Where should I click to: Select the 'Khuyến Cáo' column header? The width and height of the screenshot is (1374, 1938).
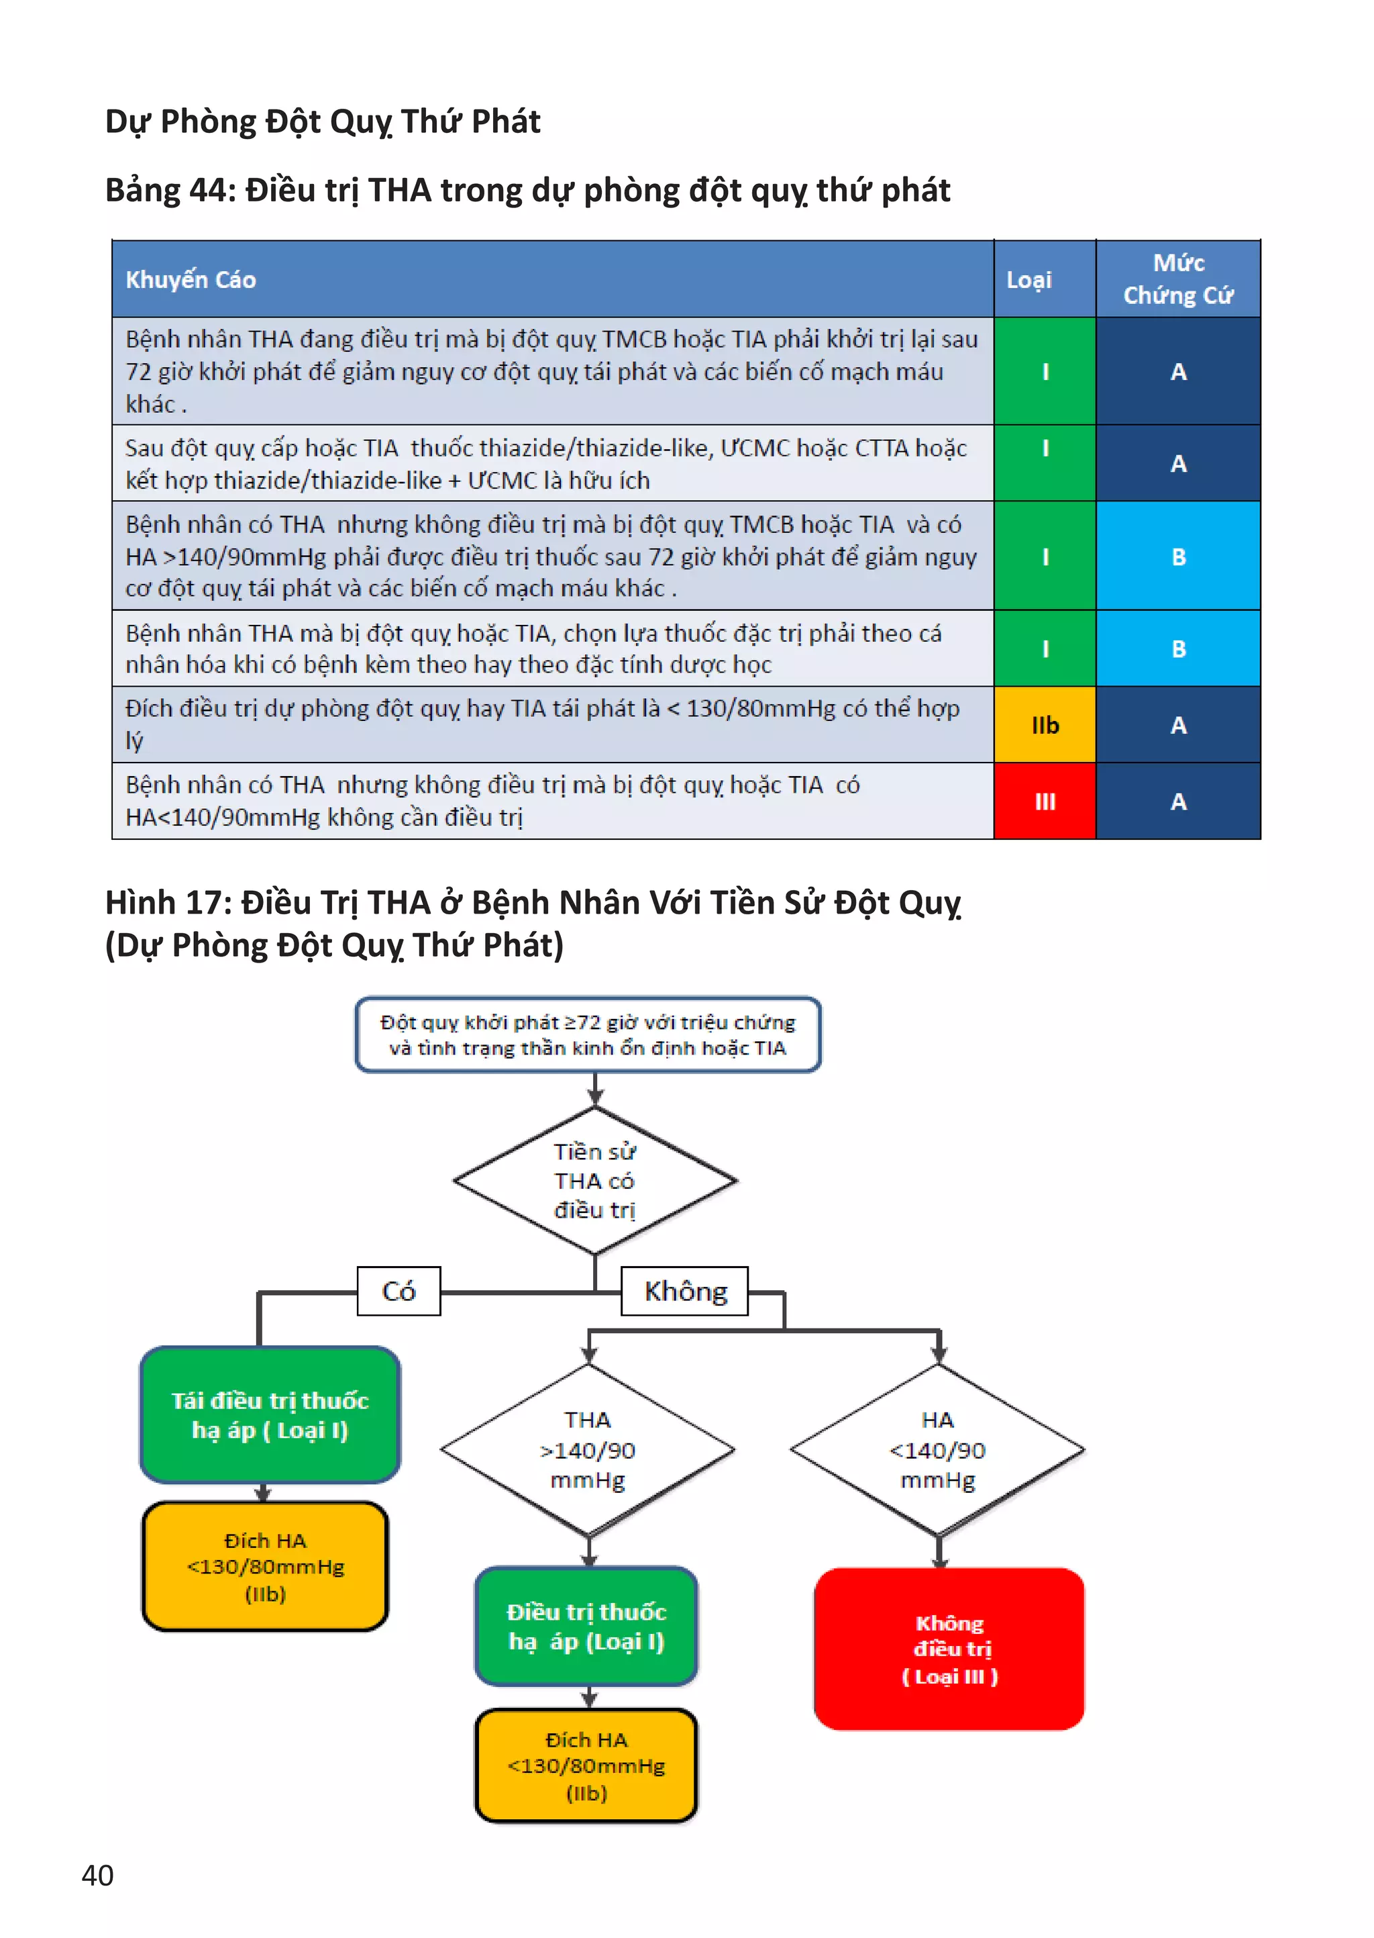click(x=191, y=279)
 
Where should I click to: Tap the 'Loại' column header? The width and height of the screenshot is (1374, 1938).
click(x=1028, y=279)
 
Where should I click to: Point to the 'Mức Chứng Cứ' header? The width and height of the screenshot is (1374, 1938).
click(x=1177, y=279)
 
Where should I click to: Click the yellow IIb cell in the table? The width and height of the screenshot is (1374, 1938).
click(x=1045, y=724)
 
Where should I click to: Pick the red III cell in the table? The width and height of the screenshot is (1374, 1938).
click(x=1045, y=801)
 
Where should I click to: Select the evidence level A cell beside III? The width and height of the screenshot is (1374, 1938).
click(x=1177, y=801)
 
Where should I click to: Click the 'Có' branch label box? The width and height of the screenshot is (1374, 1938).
click(x=399, y=1291)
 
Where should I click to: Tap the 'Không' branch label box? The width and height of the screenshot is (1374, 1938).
click(x=685, y=1291)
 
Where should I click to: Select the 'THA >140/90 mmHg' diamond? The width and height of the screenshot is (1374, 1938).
click(x=588, y=1450)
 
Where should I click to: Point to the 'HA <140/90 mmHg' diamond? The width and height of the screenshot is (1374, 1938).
click(x=937, y=1450)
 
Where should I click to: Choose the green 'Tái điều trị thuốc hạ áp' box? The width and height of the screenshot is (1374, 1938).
click(x=270, y=1414)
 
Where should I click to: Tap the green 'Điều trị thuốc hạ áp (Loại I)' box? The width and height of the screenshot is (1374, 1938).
click(x=586, y=1626)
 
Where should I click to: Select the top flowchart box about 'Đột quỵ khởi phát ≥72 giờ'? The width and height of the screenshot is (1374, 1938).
click(x=588, y=1034)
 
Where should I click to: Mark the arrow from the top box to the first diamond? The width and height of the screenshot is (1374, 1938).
click(x=596, y=1090)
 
